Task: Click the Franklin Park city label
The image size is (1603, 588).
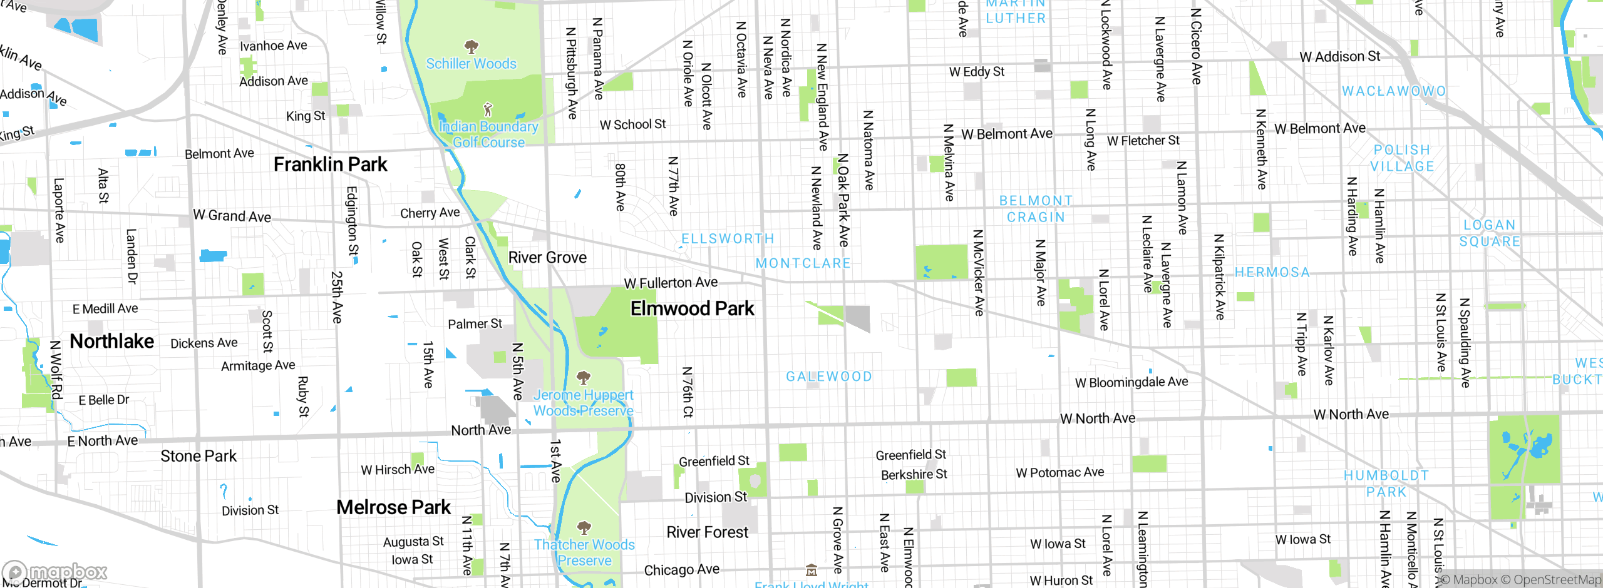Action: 330,165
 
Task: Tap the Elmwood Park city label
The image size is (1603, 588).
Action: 692,308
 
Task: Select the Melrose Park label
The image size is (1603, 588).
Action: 393,507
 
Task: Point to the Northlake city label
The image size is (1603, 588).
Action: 111,341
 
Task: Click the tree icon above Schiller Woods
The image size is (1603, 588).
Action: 472,46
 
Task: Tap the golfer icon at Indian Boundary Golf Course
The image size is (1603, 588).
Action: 488,110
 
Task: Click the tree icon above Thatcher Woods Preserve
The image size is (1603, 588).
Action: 584,527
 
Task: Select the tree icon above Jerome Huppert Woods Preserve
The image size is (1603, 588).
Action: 584,377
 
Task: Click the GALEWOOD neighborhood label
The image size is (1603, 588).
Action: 828,377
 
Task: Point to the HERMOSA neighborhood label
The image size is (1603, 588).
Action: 1272,272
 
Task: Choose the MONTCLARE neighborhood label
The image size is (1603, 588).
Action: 803,263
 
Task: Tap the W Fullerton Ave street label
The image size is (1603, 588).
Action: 671,283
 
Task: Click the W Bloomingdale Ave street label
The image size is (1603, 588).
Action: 1131,382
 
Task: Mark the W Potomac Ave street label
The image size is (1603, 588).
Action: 1059,472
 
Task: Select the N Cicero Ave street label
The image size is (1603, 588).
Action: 1196,46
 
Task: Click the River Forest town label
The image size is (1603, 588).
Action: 707,532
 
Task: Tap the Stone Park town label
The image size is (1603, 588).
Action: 198,456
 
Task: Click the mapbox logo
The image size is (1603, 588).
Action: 55,572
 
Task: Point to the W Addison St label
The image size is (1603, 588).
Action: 1339,57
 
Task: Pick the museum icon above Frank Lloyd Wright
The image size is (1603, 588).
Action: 812,570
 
